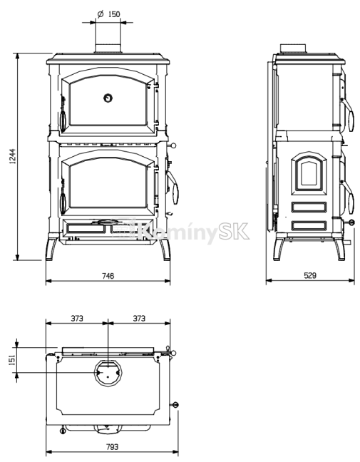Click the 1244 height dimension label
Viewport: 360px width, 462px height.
[x=13, y=155]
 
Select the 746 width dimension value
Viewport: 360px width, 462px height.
[x=108, y=276]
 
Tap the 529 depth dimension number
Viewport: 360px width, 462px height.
[x=310, y=275]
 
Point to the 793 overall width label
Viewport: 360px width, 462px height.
[x=112, y=447]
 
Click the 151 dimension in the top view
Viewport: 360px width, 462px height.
[x=12, y=360]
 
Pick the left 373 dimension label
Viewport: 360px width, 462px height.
[x=77, y=319]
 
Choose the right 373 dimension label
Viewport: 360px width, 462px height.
[x=139, y=319]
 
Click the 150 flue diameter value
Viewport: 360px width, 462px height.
[x=114, y=14]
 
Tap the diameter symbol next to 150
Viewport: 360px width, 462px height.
[x=101, y=14]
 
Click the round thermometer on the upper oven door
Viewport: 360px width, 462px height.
[x=108, y=98]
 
